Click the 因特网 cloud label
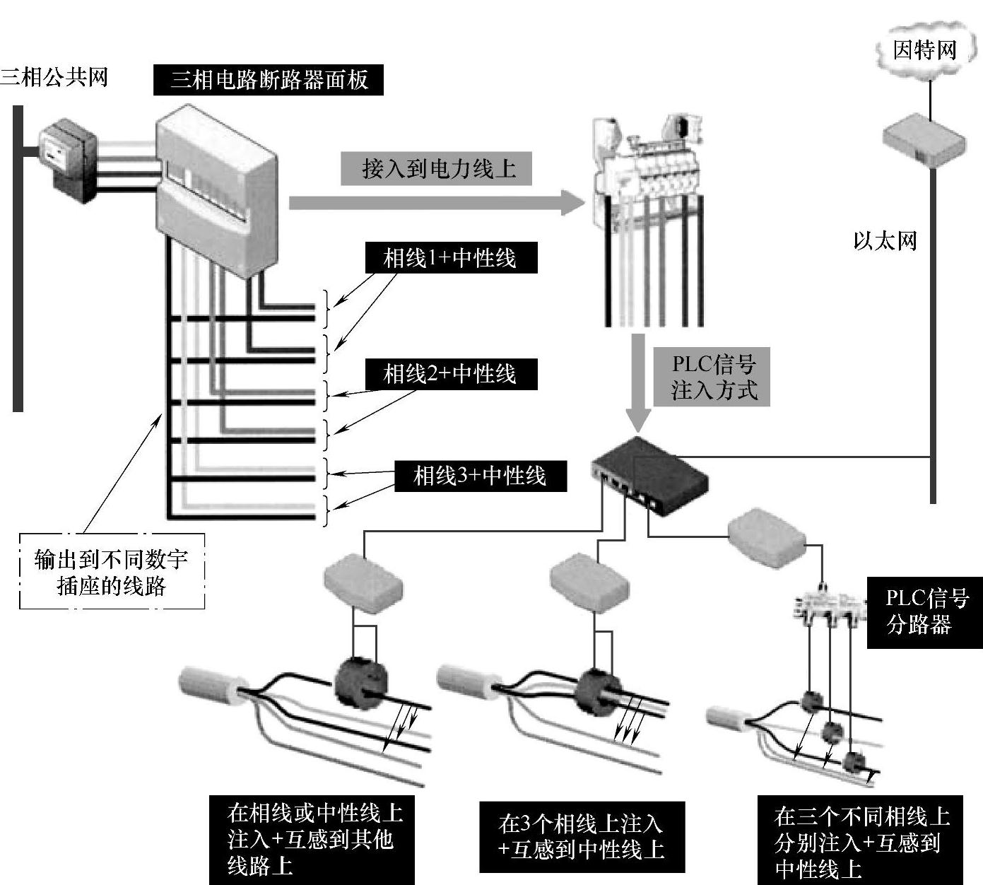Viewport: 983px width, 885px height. coord(924,50)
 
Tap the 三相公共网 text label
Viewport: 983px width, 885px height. coord(54,76)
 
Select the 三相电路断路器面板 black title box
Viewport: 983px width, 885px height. coord(269,79)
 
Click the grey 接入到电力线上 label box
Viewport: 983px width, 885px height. coord(436,169)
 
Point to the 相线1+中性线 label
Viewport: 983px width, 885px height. coord(450,258)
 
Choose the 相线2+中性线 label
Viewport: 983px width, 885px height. coord(450,374)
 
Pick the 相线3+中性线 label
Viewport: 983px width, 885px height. coord(480,476)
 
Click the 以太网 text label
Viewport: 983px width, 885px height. coord(885,241)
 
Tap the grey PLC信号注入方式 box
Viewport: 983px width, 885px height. coord(712,377)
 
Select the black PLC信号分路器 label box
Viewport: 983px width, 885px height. coord(925,612)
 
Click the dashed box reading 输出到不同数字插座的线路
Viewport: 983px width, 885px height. coord(112,571)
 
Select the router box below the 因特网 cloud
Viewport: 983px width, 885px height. coord(924,139)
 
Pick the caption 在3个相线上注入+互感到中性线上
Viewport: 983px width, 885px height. coord(582,837)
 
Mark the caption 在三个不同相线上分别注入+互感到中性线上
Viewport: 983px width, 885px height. coord(862,843)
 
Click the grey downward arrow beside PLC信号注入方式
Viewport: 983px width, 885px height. coord(638,382)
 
